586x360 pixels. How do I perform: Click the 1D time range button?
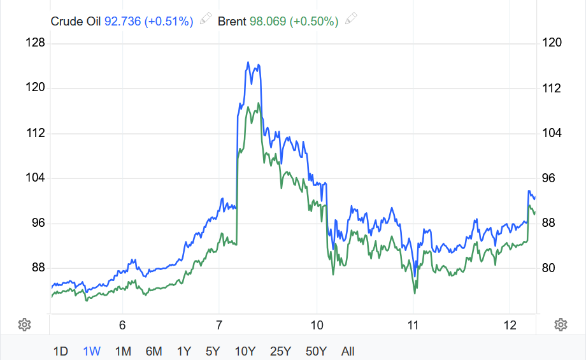(x=61, y=351)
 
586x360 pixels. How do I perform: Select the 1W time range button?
(x=92, y=351)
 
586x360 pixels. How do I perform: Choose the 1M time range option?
(x=123, y=351)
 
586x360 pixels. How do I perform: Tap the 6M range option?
(x=154, y=351)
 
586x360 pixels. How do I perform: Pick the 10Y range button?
(x=245, y=351)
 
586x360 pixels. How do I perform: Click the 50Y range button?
(x=316, y=351)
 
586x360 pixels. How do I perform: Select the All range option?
(x=348, y=351)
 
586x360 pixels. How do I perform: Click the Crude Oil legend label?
(x=76, y=21)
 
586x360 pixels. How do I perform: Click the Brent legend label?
(x=232, y=21)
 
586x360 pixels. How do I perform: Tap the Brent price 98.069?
(x=268, y=21)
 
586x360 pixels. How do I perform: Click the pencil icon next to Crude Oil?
(x=205, y=19)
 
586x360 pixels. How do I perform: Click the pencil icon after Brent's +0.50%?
(x=350, y=19)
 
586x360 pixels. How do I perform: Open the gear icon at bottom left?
(x=24, y=324)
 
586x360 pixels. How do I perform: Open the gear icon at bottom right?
(x=561, y=324)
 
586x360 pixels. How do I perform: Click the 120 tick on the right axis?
(x=551, y=43)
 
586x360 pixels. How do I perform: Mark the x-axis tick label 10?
(x=317, y=325)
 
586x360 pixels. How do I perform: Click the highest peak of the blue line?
(x=248, y=62)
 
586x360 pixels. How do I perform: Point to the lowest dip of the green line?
(x=415, y=292)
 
